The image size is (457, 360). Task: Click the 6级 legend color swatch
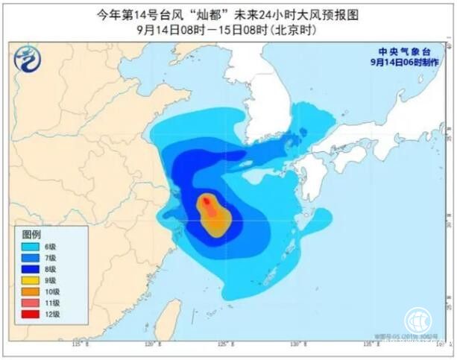29,246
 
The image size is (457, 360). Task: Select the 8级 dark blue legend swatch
29,270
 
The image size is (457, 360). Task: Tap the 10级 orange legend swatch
29,293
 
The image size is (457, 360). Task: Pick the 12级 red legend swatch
29,316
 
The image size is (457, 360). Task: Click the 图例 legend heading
30,234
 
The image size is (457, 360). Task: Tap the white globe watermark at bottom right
418,321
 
